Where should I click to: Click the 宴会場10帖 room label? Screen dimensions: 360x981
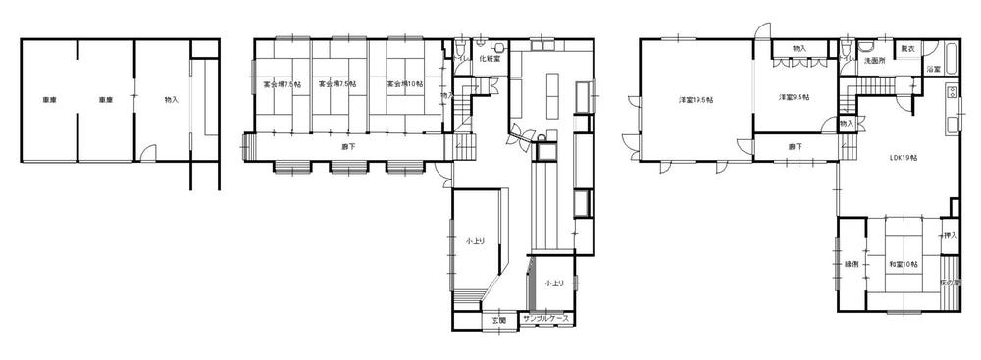[404, 85]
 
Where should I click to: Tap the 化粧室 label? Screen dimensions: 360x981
[490, 59]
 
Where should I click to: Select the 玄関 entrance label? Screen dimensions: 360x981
[497, 320]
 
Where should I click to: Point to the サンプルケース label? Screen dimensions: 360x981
[546, 320]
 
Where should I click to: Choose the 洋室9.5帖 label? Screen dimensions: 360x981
[794, 97]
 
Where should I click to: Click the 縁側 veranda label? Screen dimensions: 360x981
[851, 264]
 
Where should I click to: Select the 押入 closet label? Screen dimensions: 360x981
[949, 236]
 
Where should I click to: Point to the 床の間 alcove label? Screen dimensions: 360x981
[950, 283]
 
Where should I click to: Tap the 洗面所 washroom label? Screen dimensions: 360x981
[874, 61]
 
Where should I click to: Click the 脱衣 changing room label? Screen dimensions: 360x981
[908, 48]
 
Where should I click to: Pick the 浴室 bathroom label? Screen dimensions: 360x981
[935, 70]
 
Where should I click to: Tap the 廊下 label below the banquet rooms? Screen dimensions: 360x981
[347, 146]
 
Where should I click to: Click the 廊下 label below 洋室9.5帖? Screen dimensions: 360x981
[795, 147]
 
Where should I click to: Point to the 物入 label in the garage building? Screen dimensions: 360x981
[172, 99]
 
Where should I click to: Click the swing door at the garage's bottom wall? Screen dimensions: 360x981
[147, 153]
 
